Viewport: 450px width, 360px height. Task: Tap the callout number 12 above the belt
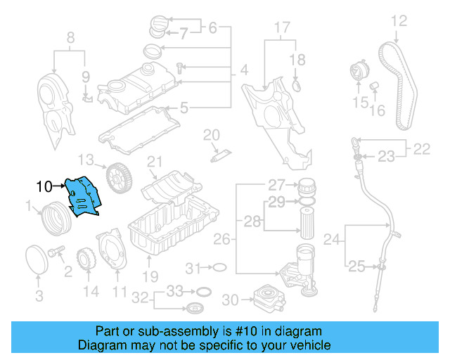click(399, 21)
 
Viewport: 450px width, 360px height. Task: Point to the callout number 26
click(221, 240)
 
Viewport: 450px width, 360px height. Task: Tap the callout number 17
click(281, 28)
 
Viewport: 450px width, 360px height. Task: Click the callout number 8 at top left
click(70, 37)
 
